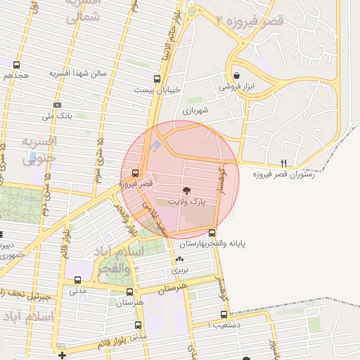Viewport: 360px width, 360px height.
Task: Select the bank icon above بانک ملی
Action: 58,105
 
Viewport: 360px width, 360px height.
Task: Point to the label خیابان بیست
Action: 163,89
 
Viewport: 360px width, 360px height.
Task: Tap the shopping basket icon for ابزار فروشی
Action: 236,76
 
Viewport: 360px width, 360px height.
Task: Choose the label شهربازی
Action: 196,110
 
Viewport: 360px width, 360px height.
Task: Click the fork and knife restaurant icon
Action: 283,162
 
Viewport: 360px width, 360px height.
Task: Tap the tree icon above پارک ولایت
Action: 187,190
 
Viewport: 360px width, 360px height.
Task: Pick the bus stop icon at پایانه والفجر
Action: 212,233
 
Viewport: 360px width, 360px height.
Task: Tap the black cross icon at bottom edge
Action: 63,354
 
